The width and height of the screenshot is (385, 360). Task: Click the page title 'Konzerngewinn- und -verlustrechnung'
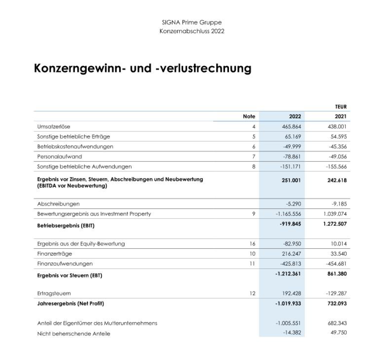(x=142, y=69)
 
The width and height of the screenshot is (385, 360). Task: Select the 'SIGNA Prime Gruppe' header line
(x=192, y=22)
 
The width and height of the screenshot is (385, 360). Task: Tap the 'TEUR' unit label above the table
(x=341, y=107)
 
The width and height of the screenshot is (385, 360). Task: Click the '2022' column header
(x=295, y=116)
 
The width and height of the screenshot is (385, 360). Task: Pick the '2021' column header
(x=340, y=116)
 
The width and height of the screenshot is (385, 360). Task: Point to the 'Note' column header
(x=249, y=116)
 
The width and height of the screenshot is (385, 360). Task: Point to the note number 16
(x=252, y=244)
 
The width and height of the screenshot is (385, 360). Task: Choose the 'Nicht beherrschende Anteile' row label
(x=73, y=333)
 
